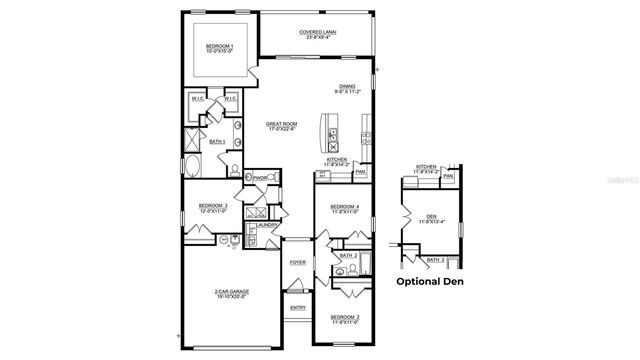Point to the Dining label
click(347, 87)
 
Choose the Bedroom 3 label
click(212, 208)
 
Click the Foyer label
click(297, 262)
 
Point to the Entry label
click(297, 308)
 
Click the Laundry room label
click(266, 225)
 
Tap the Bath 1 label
click(217, 143)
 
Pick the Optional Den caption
click(431, 282)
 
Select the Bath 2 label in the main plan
click(347, 256)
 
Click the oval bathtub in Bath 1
click(192, 166)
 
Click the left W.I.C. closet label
click(197, 99)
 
